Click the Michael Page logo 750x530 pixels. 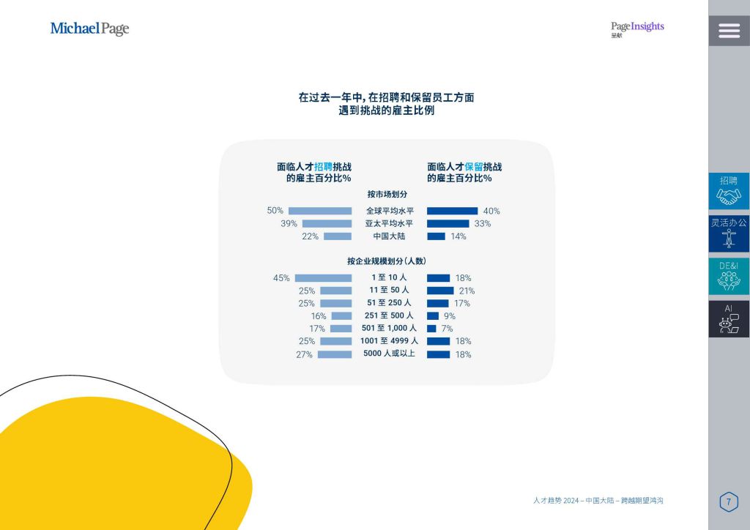[x=89, y=29]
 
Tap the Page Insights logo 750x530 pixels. [x=637, y=29]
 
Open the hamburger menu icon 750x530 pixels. [x=729, y=31]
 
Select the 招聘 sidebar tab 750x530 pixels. [x=729, y=190]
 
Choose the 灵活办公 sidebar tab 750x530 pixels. [x=729, y=234]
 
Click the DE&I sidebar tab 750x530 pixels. [x=729, y=276]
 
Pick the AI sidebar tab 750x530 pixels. [x=729, y=318]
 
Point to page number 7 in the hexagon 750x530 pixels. [x=729, y=501]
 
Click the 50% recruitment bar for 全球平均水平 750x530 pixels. [x=320, y=211]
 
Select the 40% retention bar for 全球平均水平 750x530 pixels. [x=452, y=211]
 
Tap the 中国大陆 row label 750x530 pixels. [x=389, y=236]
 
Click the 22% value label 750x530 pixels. [x=310, y=236]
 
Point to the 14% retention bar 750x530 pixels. [x=436, y=236]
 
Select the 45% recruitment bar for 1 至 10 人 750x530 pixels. [x=323, y=278]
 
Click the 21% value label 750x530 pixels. [x=467, y=291]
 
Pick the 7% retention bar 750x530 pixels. [x=431, y=329]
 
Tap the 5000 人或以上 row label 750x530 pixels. [x=389, y=353]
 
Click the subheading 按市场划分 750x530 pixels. [x=387, y=194]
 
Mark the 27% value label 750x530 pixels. [x=304, y=354]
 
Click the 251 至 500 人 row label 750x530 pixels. [x=389, y=316]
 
